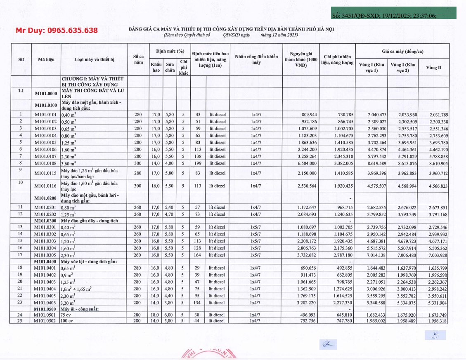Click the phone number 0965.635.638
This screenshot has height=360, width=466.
57,31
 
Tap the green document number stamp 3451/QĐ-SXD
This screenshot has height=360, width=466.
394,15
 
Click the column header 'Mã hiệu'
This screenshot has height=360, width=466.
47,60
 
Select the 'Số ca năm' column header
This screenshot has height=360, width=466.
138,59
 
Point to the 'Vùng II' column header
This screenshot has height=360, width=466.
434,68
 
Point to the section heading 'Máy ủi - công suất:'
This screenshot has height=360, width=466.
82,308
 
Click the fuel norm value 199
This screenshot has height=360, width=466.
197,163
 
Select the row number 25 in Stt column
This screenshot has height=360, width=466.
21,321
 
